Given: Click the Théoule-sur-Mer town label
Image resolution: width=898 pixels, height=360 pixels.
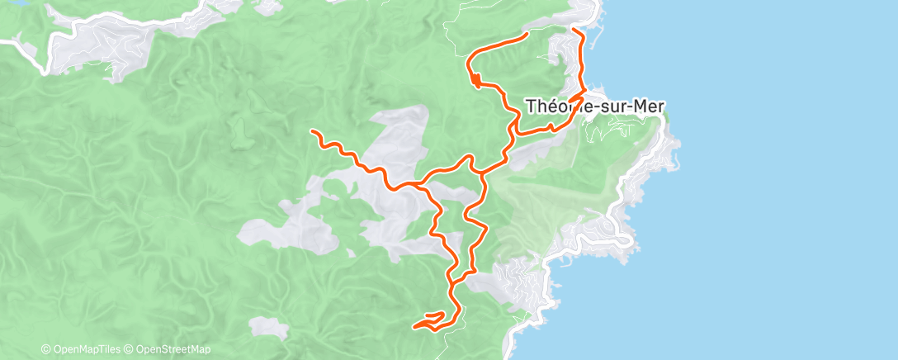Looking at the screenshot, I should pos(595,106).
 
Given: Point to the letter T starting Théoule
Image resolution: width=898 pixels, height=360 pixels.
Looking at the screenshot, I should pos(531,106).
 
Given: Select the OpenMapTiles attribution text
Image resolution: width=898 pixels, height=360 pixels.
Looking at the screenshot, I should pos(85,349).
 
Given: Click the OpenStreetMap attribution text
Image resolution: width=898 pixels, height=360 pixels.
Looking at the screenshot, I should pos(173,349).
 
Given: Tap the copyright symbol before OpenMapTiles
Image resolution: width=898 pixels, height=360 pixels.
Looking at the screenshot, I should pos(45,349).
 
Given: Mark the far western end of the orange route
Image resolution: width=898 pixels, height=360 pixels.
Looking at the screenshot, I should pos(312,130).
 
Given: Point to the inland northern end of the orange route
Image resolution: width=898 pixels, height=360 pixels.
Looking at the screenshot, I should pos(527,33).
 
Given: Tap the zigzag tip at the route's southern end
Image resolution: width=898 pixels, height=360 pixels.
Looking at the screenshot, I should pos(414,326).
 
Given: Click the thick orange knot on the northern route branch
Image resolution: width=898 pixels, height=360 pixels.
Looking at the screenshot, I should pos(475,79).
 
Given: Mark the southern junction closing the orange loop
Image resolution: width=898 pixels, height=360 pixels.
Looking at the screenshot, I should pos(453,277).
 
